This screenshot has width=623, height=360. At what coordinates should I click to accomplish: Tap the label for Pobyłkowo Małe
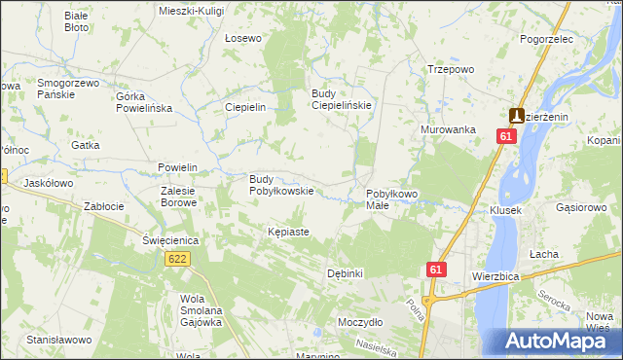pos(391,200)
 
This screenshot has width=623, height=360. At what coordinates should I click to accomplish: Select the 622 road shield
pos(177,259)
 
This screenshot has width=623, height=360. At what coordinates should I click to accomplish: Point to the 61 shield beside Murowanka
pos(505,137)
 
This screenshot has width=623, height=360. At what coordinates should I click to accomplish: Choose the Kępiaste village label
pos(288,233)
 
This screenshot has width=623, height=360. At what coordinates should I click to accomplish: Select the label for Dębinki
pos(346,273)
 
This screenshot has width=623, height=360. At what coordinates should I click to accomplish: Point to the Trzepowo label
pos(451,70)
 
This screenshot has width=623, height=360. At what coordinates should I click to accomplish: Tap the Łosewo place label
pos(243,39)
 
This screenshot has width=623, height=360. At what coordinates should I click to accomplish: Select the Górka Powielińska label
pos(143,103)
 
